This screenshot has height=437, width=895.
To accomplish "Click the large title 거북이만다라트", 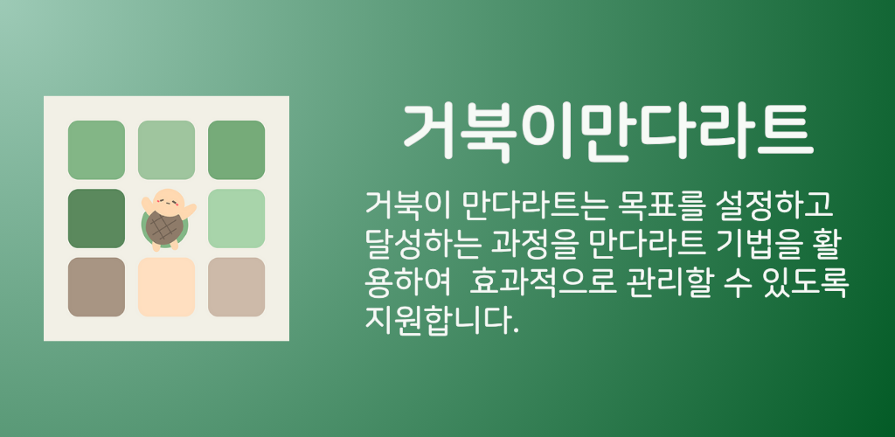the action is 608,133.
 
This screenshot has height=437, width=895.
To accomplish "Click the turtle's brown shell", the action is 164,226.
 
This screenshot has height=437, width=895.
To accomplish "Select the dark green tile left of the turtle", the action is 96,218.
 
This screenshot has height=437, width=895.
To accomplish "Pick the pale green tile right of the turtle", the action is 236,218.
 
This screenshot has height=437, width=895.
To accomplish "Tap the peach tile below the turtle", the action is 166,287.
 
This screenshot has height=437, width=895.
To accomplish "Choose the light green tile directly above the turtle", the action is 166,150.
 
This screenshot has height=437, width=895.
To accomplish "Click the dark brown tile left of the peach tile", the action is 96,287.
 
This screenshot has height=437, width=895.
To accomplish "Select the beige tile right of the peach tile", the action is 236,287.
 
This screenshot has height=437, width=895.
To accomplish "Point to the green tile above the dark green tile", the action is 96,150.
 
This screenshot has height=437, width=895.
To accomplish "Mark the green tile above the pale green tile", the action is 236,150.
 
